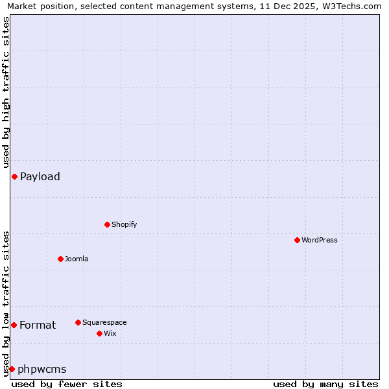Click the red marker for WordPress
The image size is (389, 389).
click(297, 240)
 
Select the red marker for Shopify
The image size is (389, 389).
click(107, 224)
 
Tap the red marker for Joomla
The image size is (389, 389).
click(60, 259)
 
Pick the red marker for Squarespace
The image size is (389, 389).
click(78, 322)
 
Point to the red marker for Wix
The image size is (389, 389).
click(99, 333)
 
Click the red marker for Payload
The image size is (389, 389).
click(14, 176)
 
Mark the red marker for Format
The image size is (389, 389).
click(14, 325)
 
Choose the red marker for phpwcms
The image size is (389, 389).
click(12, 369)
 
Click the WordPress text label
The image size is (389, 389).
click(320, 240)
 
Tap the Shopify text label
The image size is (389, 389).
click(124, 224)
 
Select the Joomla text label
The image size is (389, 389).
click(77, 259)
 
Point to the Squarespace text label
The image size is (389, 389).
click(104, 322)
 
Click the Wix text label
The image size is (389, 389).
click(110, 333)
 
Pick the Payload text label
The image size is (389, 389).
click(40, 176)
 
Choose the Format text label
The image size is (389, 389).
click(38, 325)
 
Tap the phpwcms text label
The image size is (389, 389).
click(42, 369)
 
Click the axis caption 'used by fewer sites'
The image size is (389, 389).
click(67, 384)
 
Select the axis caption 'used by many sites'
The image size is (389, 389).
click(325, 384)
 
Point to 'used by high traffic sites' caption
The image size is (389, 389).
click(6, 91)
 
